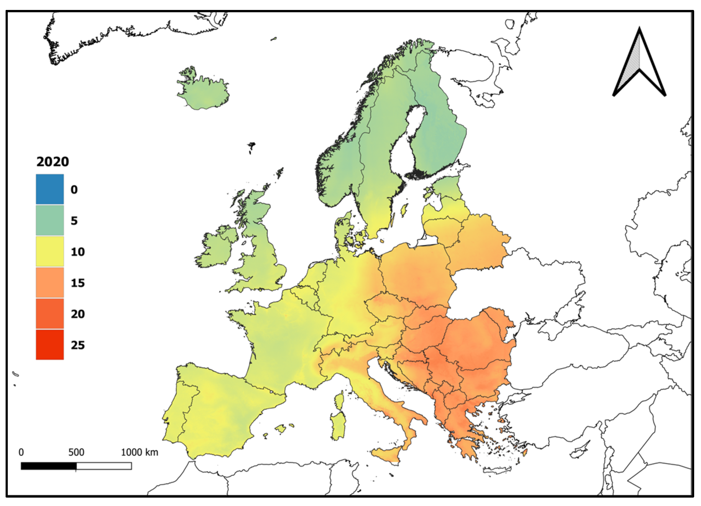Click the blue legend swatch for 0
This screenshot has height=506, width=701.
pos(50,189)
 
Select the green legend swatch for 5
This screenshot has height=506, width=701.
pos(50,220)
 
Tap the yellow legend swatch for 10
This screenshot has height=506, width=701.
pos(50,251)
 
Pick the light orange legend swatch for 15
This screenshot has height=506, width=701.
pos(50,282)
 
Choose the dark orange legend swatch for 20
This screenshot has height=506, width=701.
pos(50,313)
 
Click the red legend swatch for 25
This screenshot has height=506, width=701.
pos(50,344)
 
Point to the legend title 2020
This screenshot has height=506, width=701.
pos(53,162)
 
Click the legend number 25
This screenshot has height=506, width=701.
pos(78,345)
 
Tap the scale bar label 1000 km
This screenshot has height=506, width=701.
pos(139,452)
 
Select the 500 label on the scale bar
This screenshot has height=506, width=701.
pos(76,452)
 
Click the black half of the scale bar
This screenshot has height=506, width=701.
pos(48,466)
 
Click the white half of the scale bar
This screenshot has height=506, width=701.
pos(104,466)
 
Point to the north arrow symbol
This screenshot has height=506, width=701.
pos(639,62)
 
